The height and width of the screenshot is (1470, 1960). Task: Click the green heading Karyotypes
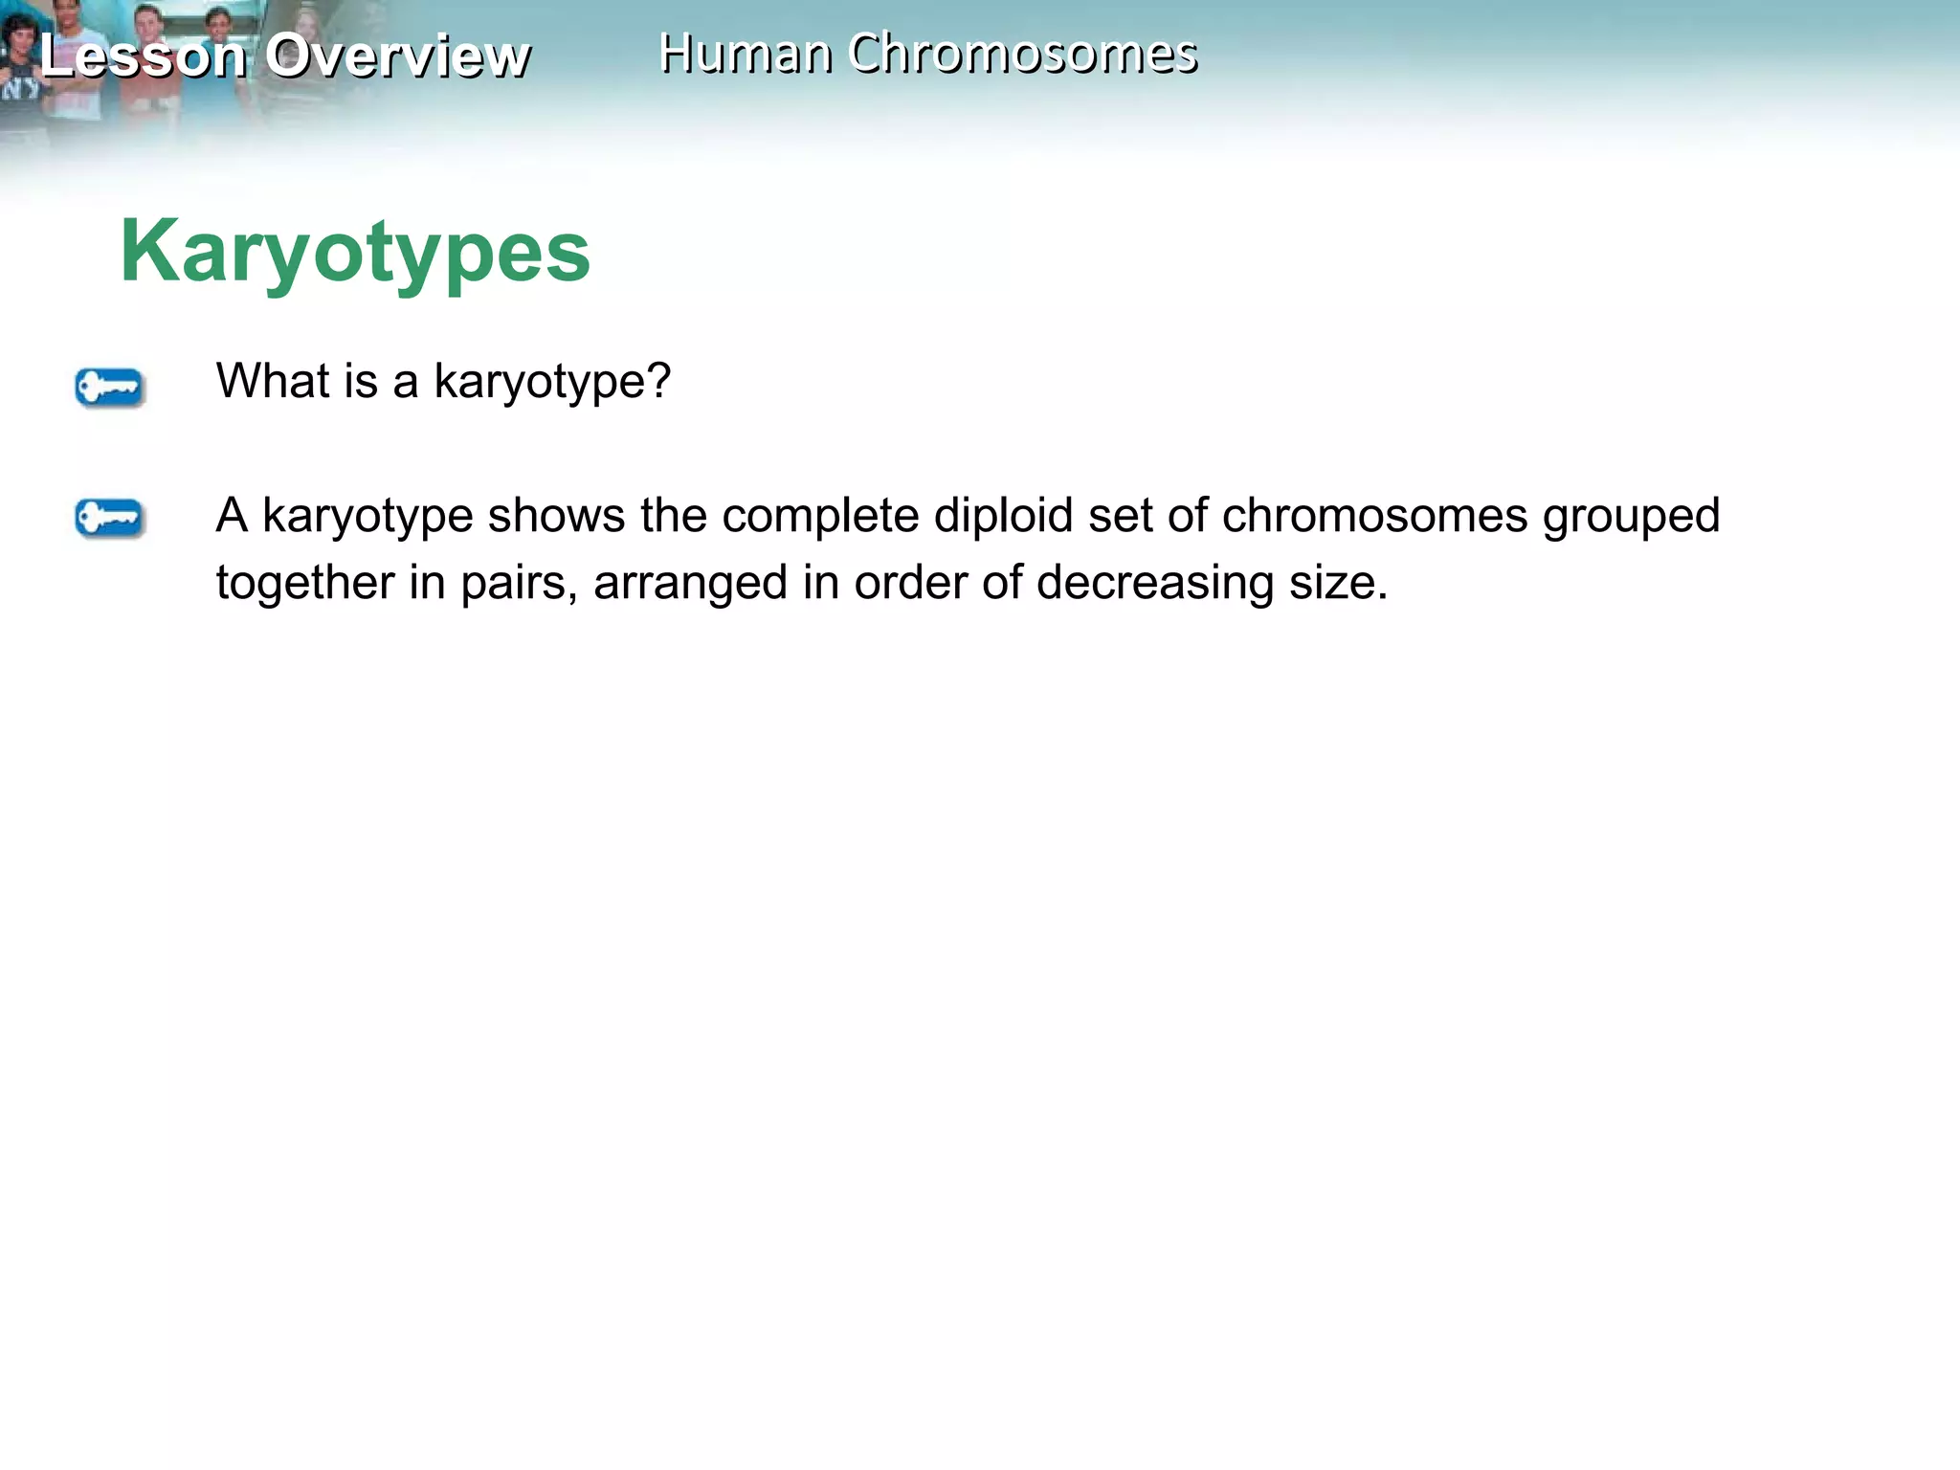tap(355, 252)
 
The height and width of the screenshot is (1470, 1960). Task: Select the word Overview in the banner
tap(397, 56)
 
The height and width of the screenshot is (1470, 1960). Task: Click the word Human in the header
tap(745, 54)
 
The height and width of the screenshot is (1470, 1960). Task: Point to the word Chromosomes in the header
tap(1022, 54)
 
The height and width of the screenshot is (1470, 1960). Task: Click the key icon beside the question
tap(109, 388)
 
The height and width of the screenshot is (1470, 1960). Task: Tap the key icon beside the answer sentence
tap(109, 519)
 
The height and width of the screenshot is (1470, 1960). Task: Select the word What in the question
tap(265, 381)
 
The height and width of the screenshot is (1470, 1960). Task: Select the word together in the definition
tap(304, 583)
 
